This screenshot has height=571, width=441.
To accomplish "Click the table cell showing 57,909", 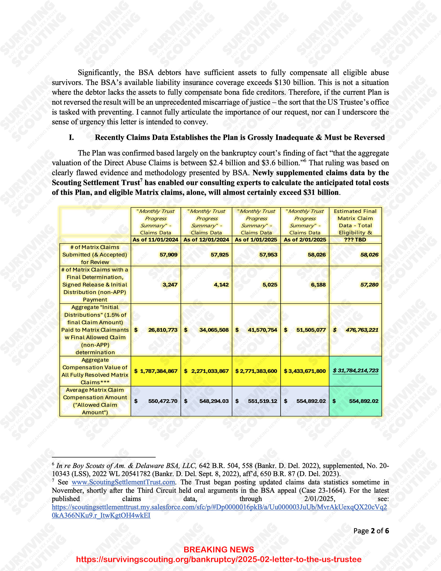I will click(168, 255).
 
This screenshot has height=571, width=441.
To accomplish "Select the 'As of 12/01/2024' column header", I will click(206, 240).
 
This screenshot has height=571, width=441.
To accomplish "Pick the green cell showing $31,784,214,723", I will click(355, 371).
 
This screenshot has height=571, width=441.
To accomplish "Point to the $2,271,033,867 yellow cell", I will click(206, 371).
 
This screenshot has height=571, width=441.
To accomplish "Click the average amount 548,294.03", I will click(214, 401).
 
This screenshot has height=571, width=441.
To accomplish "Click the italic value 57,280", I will click(369, 285).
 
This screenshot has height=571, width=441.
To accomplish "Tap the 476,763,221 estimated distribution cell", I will click(362, 330).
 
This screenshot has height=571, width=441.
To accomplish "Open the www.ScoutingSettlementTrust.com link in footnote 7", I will click(123, 482).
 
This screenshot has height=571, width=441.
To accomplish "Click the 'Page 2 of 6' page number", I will click(371, 531).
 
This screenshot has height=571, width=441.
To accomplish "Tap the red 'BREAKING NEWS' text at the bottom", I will click(219, 550).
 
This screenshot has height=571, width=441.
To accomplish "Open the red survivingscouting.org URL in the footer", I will click(219, 559).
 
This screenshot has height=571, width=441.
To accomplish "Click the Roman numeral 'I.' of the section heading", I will click(71, 138).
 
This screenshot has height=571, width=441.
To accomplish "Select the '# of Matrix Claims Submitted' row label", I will click(95, 255).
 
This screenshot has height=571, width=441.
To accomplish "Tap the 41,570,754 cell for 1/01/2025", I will click(262, 330).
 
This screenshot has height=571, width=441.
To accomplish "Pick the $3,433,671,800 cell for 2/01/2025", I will click(305, 371).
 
